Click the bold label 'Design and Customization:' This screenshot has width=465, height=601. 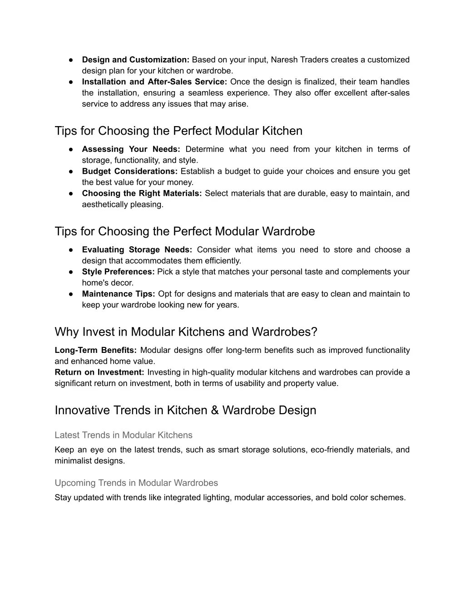[135, 60]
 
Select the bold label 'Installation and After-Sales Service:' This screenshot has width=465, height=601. [154, 82]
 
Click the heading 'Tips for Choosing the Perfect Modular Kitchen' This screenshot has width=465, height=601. [178, 131]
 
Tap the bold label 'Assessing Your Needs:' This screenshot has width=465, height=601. [131, 149]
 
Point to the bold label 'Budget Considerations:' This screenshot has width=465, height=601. [129, 171]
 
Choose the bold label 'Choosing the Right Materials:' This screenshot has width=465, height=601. [142, 194]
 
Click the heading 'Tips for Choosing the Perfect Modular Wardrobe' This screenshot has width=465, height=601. [185, 232]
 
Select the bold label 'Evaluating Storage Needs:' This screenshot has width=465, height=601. [137, 250]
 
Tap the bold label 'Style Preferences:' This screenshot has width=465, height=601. [118, 272]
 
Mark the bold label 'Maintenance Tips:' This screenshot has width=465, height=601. [119, 294]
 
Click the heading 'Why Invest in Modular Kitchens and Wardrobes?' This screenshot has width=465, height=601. [186, 332]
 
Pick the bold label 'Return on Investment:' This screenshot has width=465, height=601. [99, 372]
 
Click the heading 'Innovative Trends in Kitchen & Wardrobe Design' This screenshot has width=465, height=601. [185, 410]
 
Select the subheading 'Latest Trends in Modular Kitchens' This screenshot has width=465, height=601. [124, 435]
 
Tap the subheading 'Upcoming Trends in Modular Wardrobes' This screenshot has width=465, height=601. [136, 483]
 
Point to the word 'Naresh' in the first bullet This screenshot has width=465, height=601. [284, 60]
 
